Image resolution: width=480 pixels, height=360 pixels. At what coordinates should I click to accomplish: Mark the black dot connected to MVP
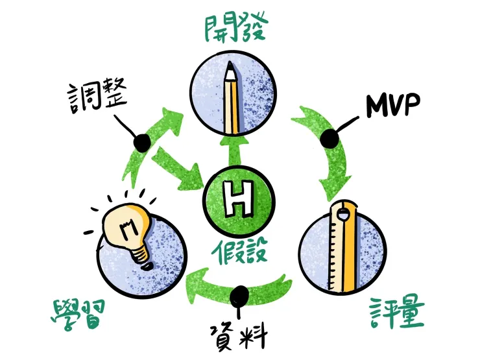tap(330, 138)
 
